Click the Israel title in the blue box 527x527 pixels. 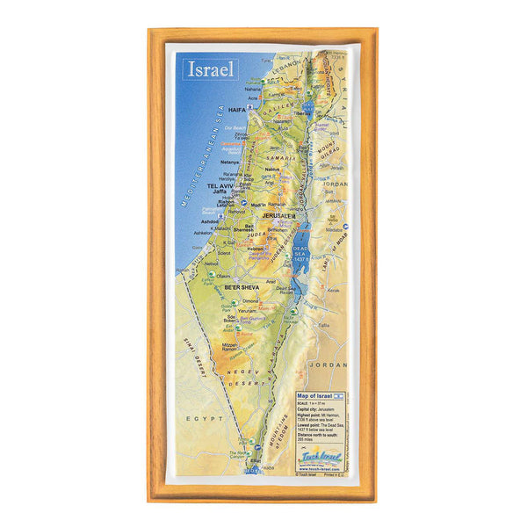pos(209,69)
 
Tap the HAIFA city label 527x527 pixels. pos(237,111)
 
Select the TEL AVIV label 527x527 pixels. pos(220,186)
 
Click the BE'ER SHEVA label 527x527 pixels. pos(242,287)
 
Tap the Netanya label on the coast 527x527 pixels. pos(230,162)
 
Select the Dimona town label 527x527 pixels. pos(251,300)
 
